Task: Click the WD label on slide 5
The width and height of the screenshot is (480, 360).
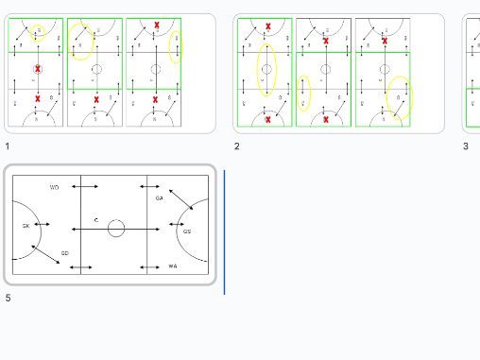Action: click(x=55, y=188)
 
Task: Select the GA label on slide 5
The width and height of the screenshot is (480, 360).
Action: click(x=159, y=198)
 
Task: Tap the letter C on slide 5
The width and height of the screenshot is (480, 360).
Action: click(x=96, y=220)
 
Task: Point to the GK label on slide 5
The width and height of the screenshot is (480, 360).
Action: click(x=26, y=226)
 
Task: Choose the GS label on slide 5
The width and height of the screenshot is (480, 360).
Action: click(x=187, y=231)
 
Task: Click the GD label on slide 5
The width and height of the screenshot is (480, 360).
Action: click(x=64, y=253)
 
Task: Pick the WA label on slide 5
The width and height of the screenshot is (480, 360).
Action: click(x=173, y=266)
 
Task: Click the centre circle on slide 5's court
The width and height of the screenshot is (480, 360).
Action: click(x=116, y=229)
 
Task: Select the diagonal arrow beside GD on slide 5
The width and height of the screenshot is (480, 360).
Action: click(x=45, y=253)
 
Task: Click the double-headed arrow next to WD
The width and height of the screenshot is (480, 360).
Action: click(x=83, y=188)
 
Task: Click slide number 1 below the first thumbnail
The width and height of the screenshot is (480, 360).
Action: click(x=8, y=146)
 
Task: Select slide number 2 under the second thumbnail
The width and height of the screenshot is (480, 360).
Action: click(x=237, y=146)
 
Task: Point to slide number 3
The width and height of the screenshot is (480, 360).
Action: click(x=466, y=146)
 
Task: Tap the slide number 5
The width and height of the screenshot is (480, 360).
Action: click(x=8, y=298)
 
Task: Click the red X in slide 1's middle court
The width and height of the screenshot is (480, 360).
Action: click(x=96, y=99)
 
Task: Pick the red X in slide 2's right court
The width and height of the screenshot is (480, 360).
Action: click(x=385, y=41)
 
